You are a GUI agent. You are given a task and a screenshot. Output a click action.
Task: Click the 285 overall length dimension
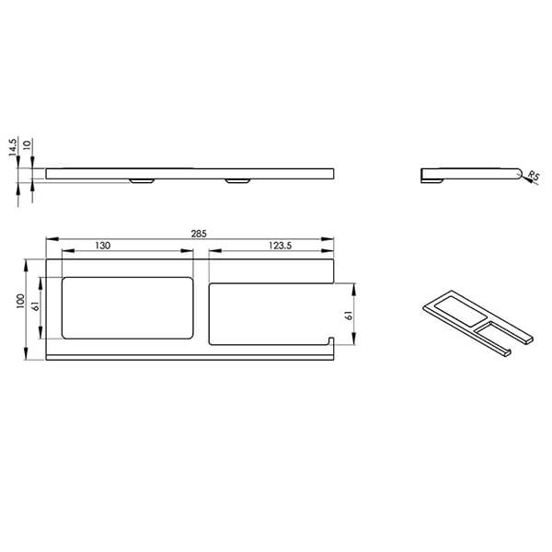pos(199,234)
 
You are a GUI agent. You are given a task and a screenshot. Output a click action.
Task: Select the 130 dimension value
pos(103,246)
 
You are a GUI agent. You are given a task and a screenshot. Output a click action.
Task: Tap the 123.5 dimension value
pos(281,246)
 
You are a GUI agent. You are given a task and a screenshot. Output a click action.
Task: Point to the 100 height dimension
pos(21,302)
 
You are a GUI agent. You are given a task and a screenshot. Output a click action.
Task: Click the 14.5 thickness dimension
pos(13,147)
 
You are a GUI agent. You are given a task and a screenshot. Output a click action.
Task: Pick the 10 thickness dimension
pos(27,144)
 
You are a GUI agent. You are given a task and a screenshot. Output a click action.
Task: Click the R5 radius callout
pos(534,175)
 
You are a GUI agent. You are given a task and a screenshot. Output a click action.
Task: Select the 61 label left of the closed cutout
pos(36,307)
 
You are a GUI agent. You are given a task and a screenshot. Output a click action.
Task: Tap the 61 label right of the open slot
pos(349,315)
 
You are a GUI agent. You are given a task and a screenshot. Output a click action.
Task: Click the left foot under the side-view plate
pos(142,181)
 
